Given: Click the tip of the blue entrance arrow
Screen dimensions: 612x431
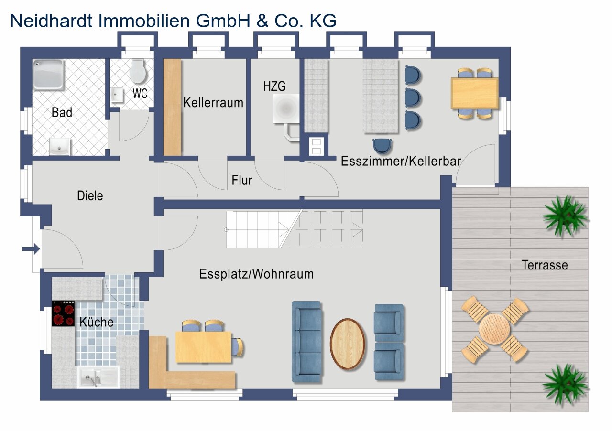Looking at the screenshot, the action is [40, 249].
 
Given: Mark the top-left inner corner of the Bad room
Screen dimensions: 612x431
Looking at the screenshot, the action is [33, 59].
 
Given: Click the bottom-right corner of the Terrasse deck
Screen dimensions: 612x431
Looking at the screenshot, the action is [588, 412].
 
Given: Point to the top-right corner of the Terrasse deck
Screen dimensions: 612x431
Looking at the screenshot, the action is [588, 187].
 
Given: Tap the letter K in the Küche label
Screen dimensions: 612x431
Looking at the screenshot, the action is [83, 322].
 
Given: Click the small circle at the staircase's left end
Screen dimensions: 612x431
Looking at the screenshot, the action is [226, 230].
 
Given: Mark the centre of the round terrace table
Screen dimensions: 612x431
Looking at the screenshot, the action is [494, 329].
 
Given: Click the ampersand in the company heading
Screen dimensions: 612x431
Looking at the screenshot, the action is [262, 21].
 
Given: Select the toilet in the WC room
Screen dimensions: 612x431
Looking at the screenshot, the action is [137, 71].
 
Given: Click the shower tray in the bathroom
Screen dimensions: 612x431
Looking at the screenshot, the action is [49, 74].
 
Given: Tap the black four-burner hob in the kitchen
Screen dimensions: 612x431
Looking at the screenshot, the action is [63, 313].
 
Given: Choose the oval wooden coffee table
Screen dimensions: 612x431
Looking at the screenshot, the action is [348, 344].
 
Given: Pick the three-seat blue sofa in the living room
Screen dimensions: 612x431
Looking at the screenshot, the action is [306, 342].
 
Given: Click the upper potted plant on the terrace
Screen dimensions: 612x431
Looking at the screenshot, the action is [565, 216].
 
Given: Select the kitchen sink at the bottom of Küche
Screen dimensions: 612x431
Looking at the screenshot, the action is [98, 377].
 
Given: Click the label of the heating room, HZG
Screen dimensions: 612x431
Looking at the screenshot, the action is [274, 86].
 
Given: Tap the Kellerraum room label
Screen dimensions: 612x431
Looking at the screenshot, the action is [213, 103].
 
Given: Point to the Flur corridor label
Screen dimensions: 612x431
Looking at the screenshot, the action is [242, 180].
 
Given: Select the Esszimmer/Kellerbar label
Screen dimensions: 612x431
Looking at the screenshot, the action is [401, 161].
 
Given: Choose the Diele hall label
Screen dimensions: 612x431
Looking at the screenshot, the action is [90, 196].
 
